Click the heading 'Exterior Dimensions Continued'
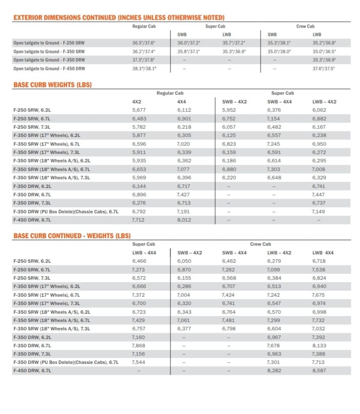point(119,17)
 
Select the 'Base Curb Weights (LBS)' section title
point(52,85)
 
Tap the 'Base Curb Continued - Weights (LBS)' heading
point(72,236)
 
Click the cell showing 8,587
point(319,371)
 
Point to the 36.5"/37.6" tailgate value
point(144,43)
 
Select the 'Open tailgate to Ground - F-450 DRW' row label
point(49,68)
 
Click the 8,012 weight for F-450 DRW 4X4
point(184,220)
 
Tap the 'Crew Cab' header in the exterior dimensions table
point(305,26)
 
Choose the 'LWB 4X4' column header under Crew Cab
point(322,253)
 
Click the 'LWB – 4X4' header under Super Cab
point(144,253)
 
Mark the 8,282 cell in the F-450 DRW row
point(274,371)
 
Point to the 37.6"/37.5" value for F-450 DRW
point(323,68)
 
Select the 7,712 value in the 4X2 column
point(139,220)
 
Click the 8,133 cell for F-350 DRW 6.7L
point(319,346)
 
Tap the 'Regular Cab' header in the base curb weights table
point(170,93)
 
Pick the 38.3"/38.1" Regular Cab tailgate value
point(144,68)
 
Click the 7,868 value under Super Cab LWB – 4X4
point(138,346)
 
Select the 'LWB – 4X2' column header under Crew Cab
point(279,253)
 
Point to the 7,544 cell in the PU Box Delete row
point(138,362)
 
